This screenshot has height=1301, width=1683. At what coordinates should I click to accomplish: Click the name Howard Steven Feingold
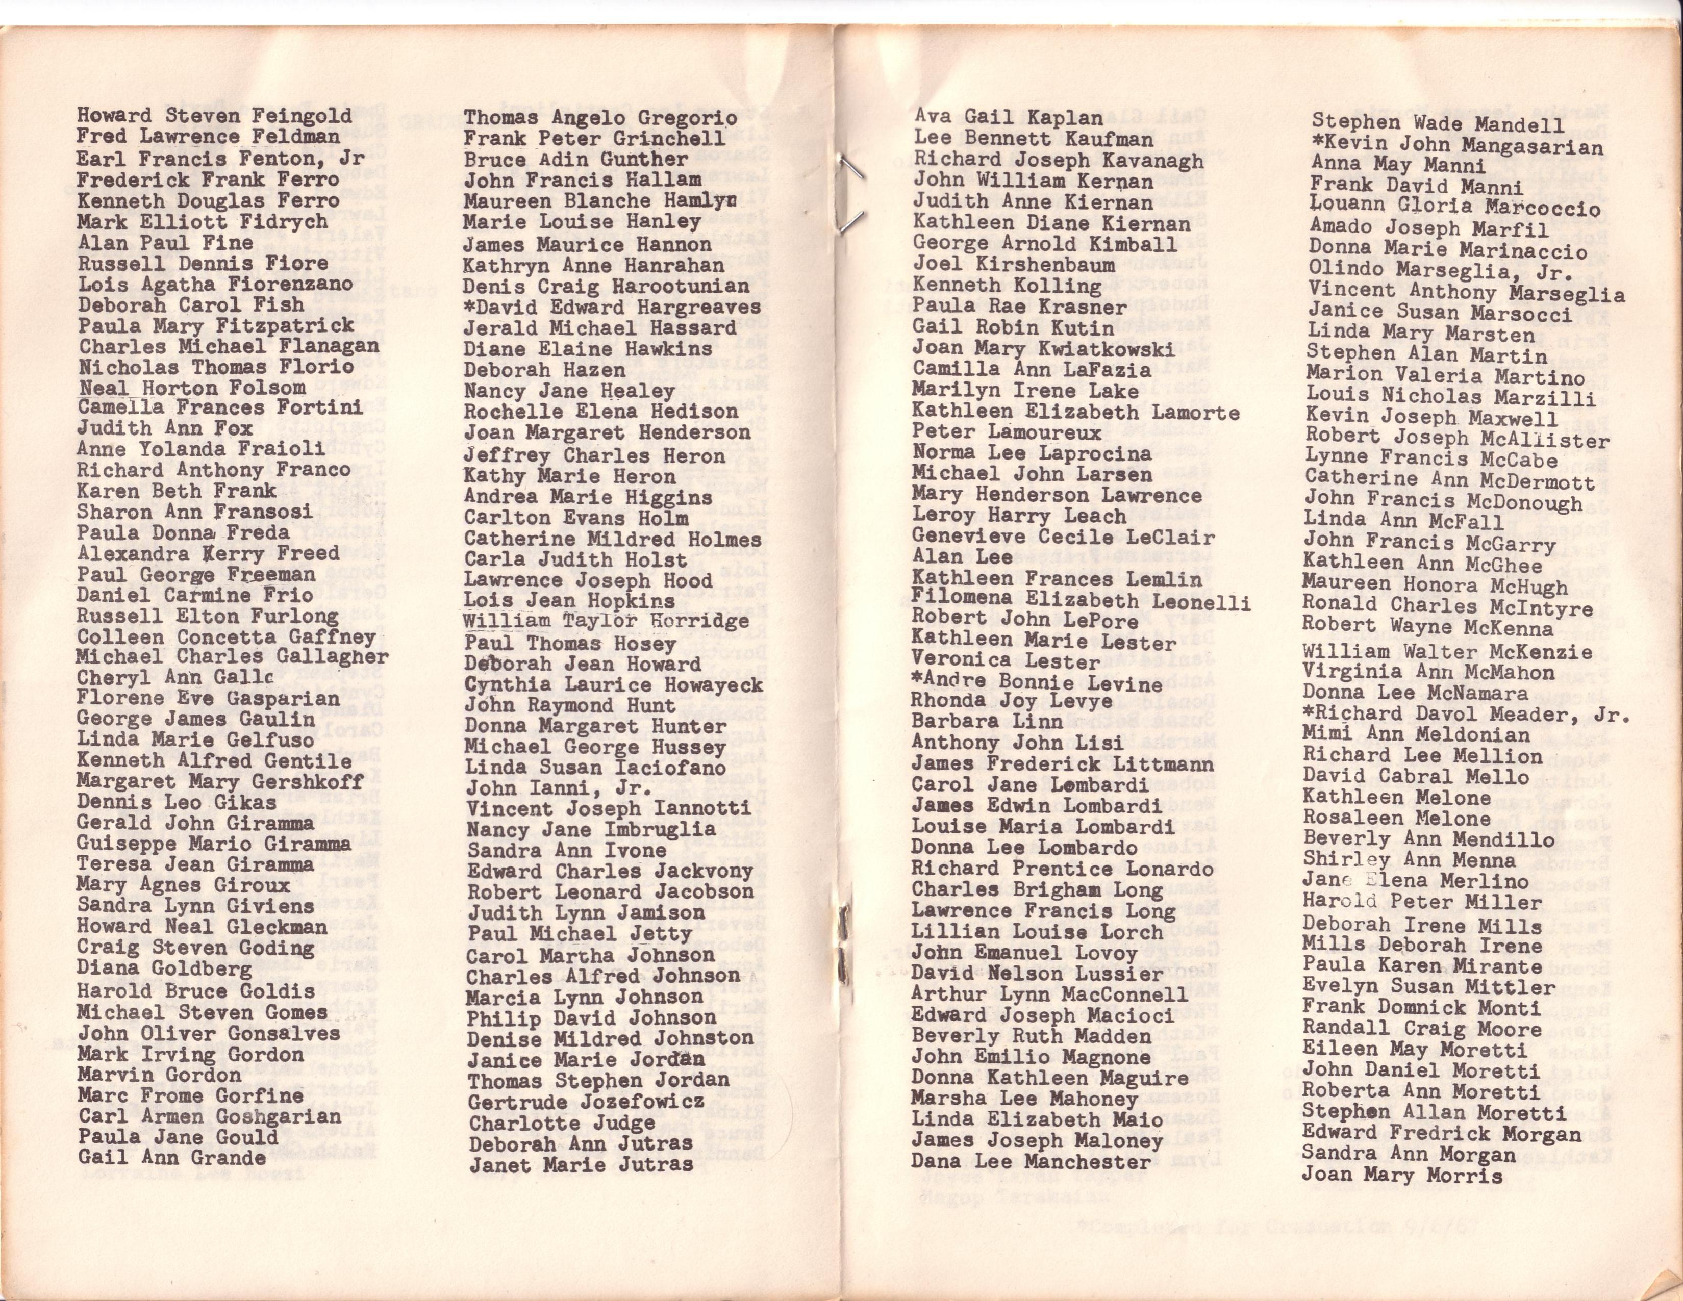(214, 116)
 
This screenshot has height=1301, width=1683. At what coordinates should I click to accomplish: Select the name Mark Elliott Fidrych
(202, 222)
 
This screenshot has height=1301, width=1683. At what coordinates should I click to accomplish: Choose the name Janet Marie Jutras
(581, 1165)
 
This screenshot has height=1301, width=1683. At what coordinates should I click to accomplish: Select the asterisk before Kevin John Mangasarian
(1317, 143)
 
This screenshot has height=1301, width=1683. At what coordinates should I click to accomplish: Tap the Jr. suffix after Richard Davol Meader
(1613, 715)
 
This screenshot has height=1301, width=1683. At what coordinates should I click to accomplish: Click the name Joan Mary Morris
(1402, 1176)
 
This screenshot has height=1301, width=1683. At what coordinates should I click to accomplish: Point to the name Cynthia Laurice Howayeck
(614, 685)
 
